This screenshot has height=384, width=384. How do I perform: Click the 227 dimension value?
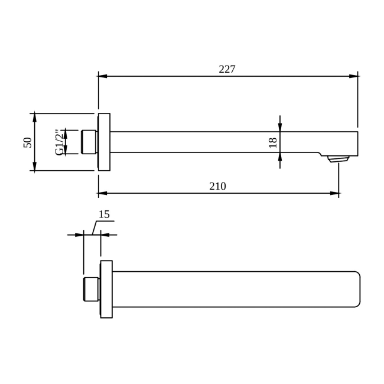click(227, 70)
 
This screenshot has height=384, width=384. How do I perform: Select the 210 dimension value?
click(217, 187)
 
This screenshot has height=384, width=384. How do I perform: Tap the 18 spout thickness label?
click(272, 142)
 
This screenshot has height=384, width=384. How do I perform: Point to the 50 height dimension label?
click(28, 142)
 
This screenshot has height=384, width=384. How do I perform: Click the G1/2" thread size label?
click(59, 142)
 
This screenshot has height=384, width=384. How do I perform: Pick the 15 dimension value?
click(104, 215)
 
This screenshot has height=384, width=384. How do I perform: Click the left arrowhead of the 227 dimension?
click(103, 76)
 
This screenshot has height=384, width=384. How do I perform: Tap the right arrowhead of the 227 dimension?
click(353, 76)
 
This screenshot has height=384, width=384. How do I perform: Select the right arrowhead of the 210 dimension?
click(334, 193)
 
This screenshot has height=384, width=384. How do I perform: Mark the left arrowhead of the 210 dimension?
click(103, 193)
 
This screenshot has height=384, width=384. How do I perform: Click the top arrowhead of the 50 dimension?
click(35, 118)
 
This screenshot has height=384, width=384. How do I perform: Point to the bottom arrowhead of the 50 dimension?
click(35, 167)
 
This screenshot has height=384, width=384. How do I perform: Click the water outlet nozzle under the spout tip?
click(339, 158)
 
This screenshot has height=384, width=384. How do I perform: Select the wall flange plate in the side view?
click(104, 142)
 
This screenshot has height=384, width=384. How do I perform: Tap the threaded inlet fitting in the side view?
click(89, 142)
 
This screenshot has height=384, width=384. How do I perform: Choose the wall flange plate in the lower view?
click(106, 289)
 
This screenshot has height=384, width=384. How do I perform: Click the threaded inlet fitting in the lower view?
click(92, 289)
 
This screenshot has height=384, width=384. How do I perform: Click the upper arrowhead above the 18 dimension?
click(280, 127)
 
